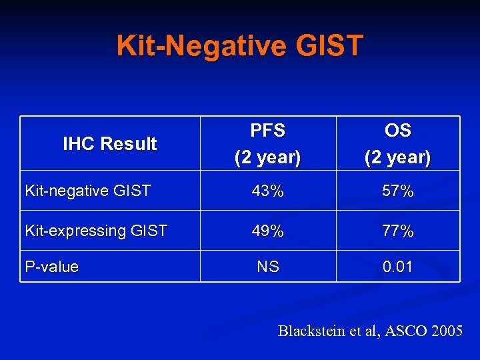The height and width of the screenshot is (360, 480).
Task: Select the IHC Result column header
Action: click(110, 143)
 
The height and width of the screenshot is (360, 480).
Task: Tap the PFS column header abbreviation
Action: click(267, 131)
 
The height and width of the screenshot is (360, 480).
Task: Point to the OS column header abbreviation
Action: click(398, 131)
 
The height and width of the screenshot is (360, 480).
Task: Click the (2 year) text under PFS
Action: click(267, 158)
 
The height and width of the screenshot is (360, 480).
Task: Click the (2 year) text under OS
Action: click(398, 158)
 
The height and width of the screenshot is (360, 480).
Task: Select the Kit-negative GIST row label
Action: click(87, 191)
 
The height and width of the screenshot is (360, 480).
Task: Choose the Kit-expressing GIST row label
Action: click(96, 231)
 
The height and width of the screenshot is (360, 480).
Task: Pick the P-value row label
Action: click(52, 267)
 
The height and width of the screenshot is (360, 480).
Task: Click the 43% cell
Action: click(267, 191)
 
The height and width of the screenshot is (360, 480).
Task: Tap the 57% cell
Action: click(398, 191)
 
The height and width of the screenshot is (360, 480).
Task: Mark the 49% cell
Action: click(267, 231)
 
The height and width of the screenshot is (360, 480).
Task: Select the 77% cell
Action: click(398, 231)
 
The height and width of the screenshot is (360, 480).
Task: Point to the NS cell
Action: click(268, 267)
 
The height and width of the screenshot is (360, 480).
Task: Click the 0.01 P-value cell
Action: click(398, 267)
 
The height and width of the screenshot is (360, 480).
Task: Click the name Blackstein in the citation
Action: click(311, 331)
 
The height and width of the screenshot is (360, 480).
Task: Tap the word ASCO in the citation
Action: click(403, 331)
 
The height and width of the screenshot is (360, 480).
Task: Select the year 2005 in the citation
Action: click(446, 331)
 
